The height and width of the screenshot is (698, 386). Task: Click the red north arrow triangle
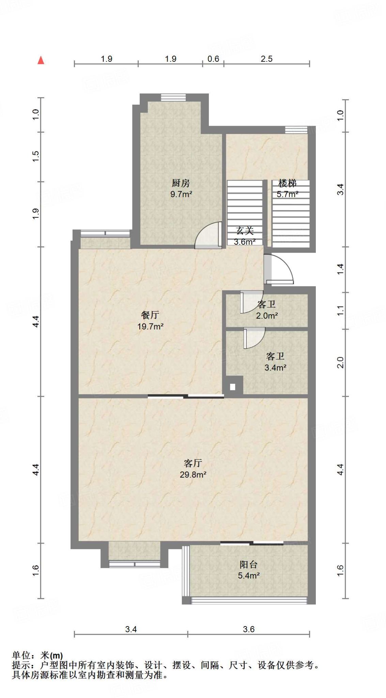[x=41, y=60]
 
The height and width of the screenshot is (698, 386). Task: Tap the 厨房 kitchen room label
[x=181, y=183]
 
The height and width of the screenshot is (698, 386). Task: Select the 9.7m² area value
[x=181, y=195]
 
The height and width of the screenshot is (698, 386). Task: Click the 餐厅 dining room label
[x=150, y=315]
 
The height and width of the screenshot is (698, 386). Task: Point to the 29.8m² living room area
[x=193, y=474]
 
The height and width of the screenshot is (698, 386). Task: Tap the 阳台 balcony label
[x=248, y=564]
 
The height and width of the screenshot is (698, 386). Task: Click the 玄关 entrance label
[x=245, y=231]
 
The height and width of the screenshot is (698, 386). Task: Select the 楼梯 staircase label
[x=287, y=183]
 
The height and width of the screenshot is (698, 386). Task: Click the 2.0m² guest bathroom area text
[x=267, y=316]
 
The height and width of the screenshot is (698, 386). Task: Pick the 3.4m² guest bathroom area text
[x=275, y=368]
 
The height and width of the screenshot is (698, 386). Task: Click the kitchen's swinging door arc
[x=208, y=235]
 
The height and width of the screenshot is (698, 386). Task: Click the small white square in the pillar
[x=233, y=387]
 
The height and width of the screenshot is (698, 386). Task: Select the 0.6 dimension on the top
[x=213, y=59]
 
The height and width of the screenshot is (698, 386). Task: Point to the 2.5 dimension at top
[x=266, y=59]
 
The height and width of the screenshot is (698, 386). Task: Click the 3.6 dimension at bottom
[x=249, y=629]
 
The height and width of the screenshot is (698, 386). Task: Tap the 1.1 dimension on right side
[x=340, y=310]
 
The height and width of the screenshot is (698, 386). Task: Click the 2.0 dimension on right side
[x=340, y=362]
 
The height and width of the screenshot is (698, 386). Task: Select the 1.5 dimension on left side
[x=36, y=156]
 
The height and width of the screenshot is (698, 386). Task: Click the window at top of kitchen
[x=173, y=97]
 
